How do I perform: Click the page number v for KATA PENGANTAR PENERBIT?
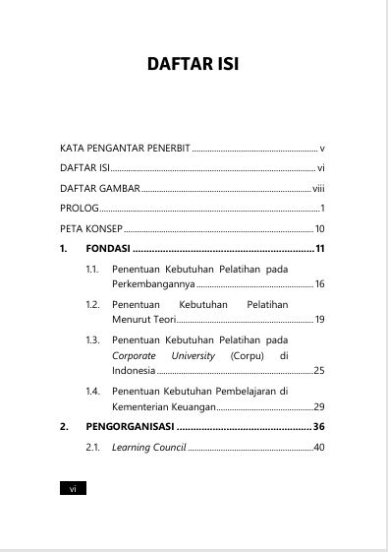pos(321,147)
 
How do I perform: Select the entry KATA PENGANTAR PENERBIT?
pos(125,147)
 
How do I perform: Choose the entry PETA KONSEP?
pos(91,228)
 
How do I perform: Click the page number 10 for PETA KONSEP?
pos(319,228)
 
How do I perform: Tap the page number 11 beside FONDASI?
pos(319,249)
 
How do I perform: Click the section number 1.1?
pos(93,269)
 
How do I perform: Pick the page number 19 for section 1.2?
pos(319,320)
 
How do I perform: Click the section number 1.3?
pos(93,339)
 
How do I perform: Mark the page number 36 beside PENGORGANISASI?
pos(319,427)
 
